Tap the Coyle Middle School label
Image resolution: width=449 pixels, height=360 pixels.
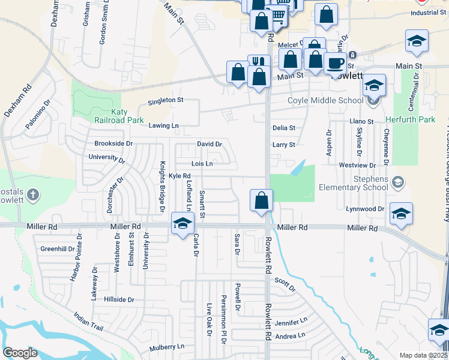[325, 100]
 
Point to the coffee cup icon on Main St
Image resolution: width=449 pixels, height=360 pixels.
[334, 62]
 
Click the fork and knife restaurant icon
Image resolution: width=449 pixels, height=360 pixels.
[259, 62]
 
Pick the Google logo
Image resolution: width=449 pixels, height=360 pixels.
[20, 352]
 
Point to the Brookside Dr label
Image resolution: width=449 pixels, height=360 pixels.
[113, 144]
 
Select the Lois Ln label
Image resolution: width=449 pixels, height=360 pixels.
[202, 163]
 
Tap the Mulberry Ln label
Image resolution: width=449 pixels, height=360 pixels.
[167, 347]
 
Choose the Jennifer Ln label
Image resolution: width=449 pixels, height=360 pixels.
[291, 323]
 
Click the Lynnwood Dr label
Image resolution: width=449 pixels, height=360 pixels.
[364, 226]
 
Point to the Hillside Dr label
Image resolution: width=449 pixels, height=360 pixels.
[119, 299]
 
